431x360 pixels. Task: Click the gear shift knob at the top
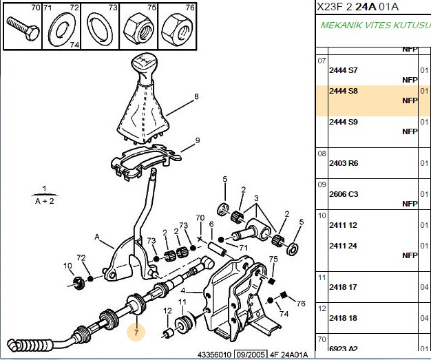point(144,67)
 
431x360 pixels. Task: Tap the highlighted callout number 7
point(136,332)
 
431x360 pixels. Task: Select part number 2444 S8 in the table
point(344,91)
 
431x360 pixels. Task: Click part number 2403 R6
point(344,163)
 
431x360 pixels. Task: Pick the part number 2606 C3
point(344,194)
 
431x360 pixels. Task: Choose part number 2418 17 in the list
point(343,287)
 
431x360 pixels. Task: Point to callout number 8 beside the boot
point(196,96)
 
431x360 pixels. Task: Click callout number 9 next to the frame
point(198,140)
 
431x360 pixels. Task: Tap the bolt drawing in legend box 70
point(23,29)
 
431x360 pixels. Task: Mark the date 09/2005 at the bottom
point(251,354)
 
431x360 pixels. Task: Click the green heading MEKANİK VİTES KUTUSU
point(375,25)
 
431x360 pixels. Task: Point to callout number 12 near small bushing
point(167,311)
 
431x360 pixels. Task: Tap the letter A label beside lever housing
point(97,237)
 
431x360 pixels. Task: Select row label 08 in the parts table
point(322,153)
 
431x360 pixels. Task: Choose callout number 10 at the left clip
point(67,266)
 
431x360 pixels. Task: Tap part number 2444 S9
point(344,122)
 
